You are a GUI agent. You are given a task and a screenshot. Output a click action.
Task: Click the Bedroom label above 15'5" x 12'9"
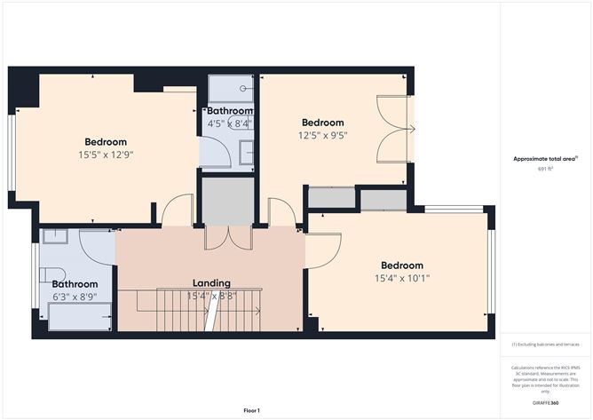click(x=106, y=142)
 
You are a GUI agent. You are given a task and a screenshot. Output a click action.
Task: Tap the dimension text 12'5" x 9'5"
click(x=322, y=136)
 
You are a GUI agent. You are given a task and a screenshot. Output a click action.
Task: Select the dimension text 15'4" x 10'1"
click(x=401, y=278)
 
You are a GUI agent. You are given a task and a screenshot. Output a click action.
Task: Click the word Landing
click(x=211, y=282)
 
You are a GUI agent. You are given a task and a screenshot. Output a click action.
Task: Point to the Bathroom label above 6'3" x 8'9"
click(x=75, y=284)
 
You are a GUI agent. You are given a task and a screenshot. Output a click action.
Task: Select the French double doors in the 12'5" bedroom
click(x=394, y=128)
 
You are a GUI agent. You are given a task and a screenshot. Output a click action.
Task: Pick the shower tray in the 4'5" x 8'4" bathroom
click(x=230, y=89)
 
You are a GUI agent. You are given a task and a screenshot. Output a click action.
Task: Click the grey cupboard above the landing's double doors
click(x=227, y=201)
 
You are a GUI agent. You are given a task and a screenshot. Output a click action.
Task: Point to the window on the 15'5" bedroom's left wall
click(x=12, y=152)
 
